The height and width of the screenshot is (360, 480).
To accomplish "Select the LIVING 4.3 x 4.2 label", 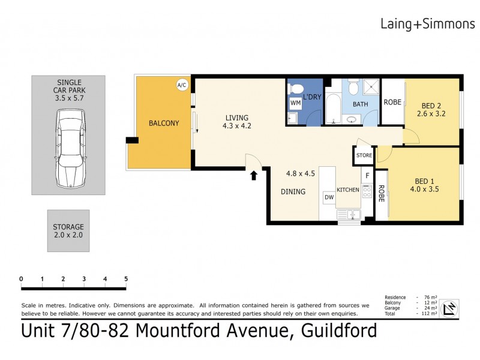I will click(x=236, y=122).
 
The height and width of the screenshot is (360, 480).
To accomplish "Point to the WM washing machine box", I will click(x=295, y=103).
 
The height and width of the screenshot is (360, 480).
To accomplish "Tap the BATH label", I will click(x=360, y=104).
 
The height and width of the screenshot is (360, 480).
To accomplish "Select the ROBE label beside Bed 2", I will click(x=392, y=102).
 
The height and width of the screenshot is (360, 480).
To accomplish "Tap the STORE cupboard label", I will click(x=364, y=155).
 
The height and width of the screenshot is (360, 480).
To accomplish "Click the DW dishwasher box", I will click(x=328, y=196).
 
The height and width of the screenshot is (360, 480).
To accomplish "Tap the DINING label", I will click(x=293, y=192).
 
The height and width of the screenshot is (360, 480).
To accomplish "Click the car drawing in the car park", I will click(x=68, y=147).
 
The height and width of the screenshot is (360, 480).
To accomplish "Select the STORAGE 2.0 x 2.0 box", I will click(x=68, y=231).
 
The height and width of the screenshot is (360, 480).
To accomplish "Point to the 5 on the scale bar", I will click(x=126, y=279).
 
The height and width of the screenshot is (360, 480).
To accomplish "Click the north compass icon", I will click(x=449, y=309).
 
